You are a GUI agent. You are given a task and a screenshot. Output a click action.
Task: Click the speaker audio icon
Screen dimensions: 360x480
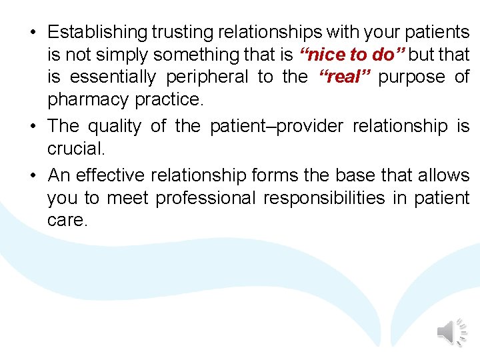pyautogui.click(x=451, y=331)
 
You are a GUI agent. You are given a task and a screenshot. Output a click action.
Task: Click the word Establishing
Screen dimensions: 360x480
pyautogui.click(x=97, y=32)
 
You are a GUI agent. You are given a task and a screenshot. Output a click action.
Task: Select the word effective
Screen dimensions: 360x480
pyautogui.click(x=111, y=175)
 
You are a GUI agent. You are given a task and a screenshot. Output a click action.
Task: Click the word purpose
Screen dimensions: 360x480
pyautogui.click(x=411, y=77)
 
